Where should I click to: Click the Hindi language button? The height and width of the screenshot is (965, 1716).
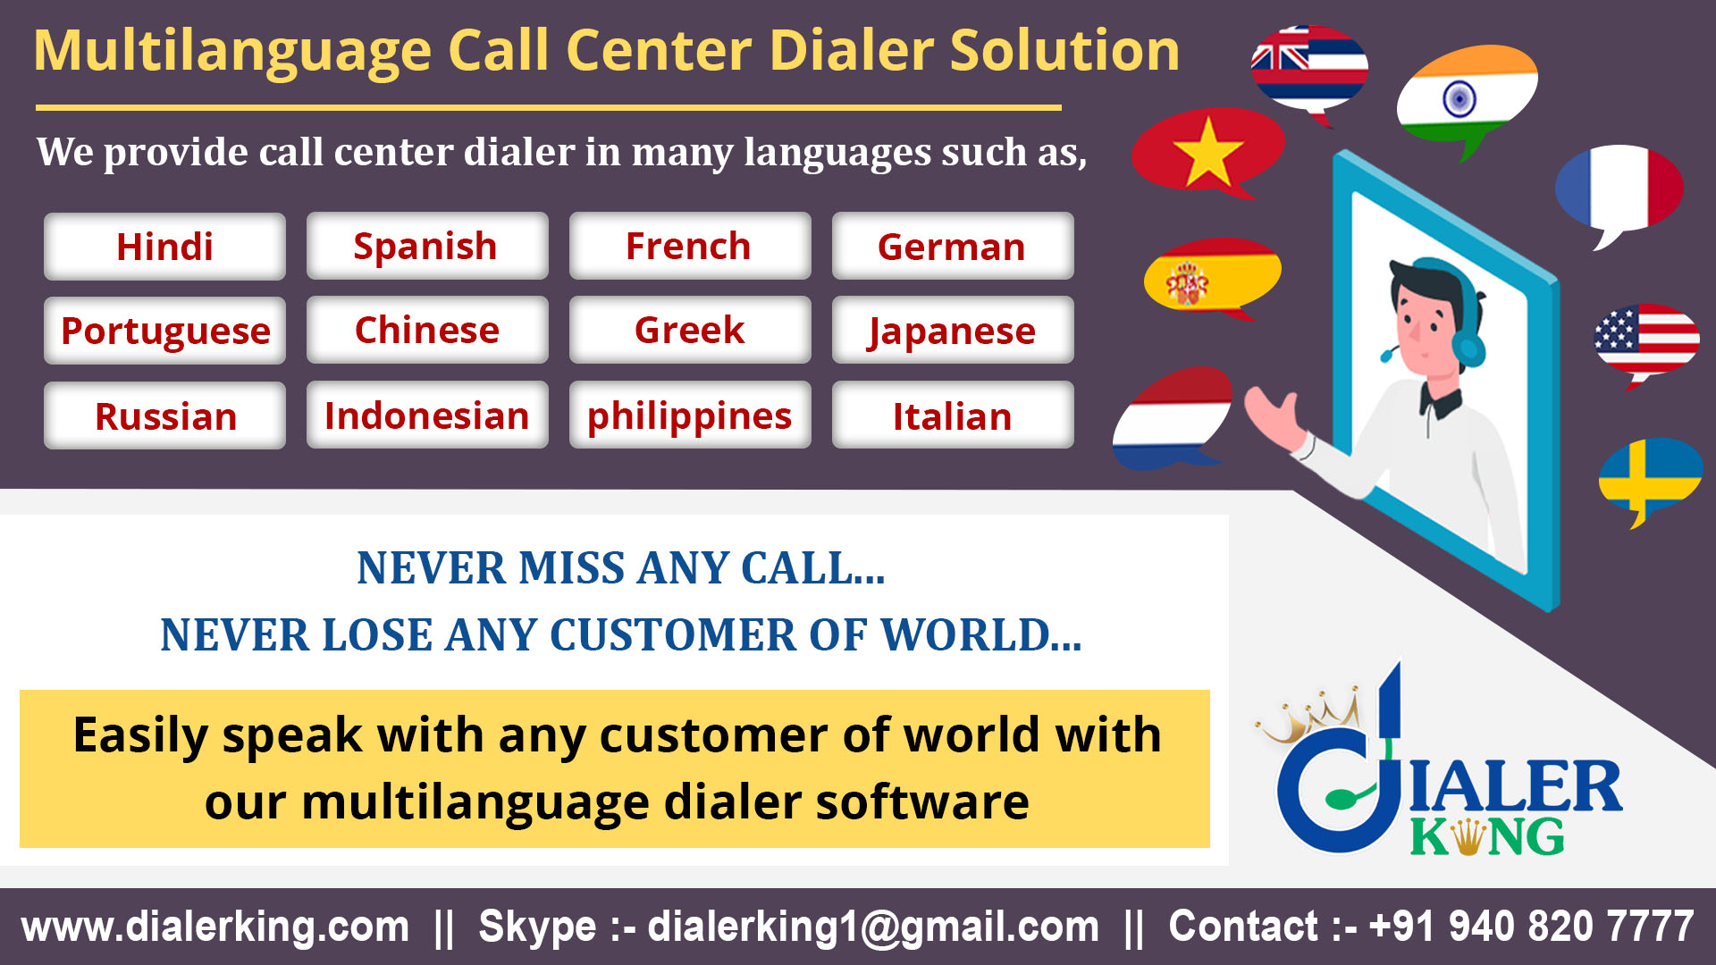pos(164,247)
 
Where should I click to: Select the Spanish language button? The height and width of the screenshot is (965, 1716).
pos(426,247)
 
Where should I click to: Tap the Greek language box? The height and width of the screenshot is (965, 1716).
pos(689,331)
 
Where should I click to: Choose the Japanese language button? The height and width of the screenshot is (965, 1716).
pos(952,331)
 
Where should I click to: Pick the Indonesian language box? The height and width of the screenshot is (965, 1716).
pos(426,415)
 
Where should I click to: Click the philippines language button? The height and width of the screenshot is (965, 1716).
pos(689,415)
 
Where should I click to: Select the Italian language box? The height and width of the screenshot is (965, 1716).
pos(952,415)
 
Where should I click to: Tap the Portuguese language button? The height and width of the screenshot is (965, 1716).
pos(164,331)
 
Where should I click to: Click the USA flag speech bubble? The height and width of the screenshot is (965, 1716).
pos(1646,340)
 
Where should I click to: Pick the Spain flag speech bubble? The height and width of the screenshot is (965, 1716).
pos(1212,275)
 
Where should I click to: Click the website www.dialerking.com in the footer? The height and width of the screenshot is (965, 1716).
pos(215,927)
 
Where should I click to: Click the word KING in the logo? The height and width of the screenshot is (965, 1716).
pos(1487,837)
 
